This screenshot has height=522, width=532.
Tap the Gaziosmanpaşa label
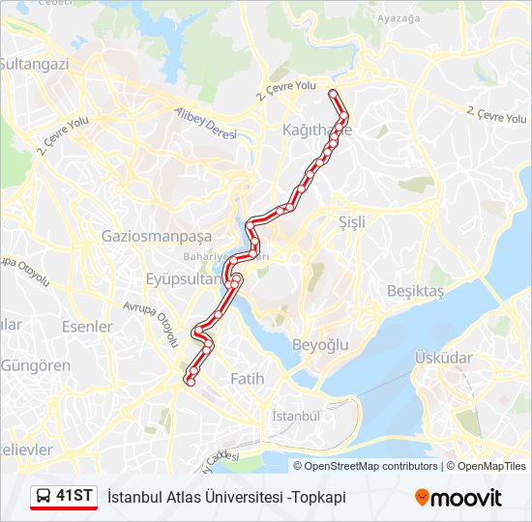(156, 236)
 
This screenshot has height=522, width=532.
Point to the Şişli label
(352, 221)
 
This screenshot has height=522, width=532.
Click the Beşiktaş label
(415, 291)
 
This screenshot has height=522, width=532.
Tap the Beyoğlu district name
(319, 345)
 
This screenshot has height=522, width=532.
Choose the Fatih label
(247, 379)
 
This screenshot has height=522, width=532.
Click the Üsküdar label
(444, 358)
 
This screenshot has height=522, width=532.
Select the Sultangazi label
(35, 64)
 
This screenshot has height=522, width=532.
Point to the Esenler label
(87, 327)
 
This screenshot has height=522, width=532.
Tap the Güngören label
(36, 365)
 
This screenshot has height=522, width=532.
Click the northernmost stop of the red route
(333, 94)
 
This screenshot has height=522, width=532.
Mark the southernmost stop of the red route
(190, 382)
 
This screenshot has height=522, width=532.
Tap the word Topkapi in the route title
(315, 497)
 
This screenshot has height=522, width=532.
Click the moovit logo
(458, 497)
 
